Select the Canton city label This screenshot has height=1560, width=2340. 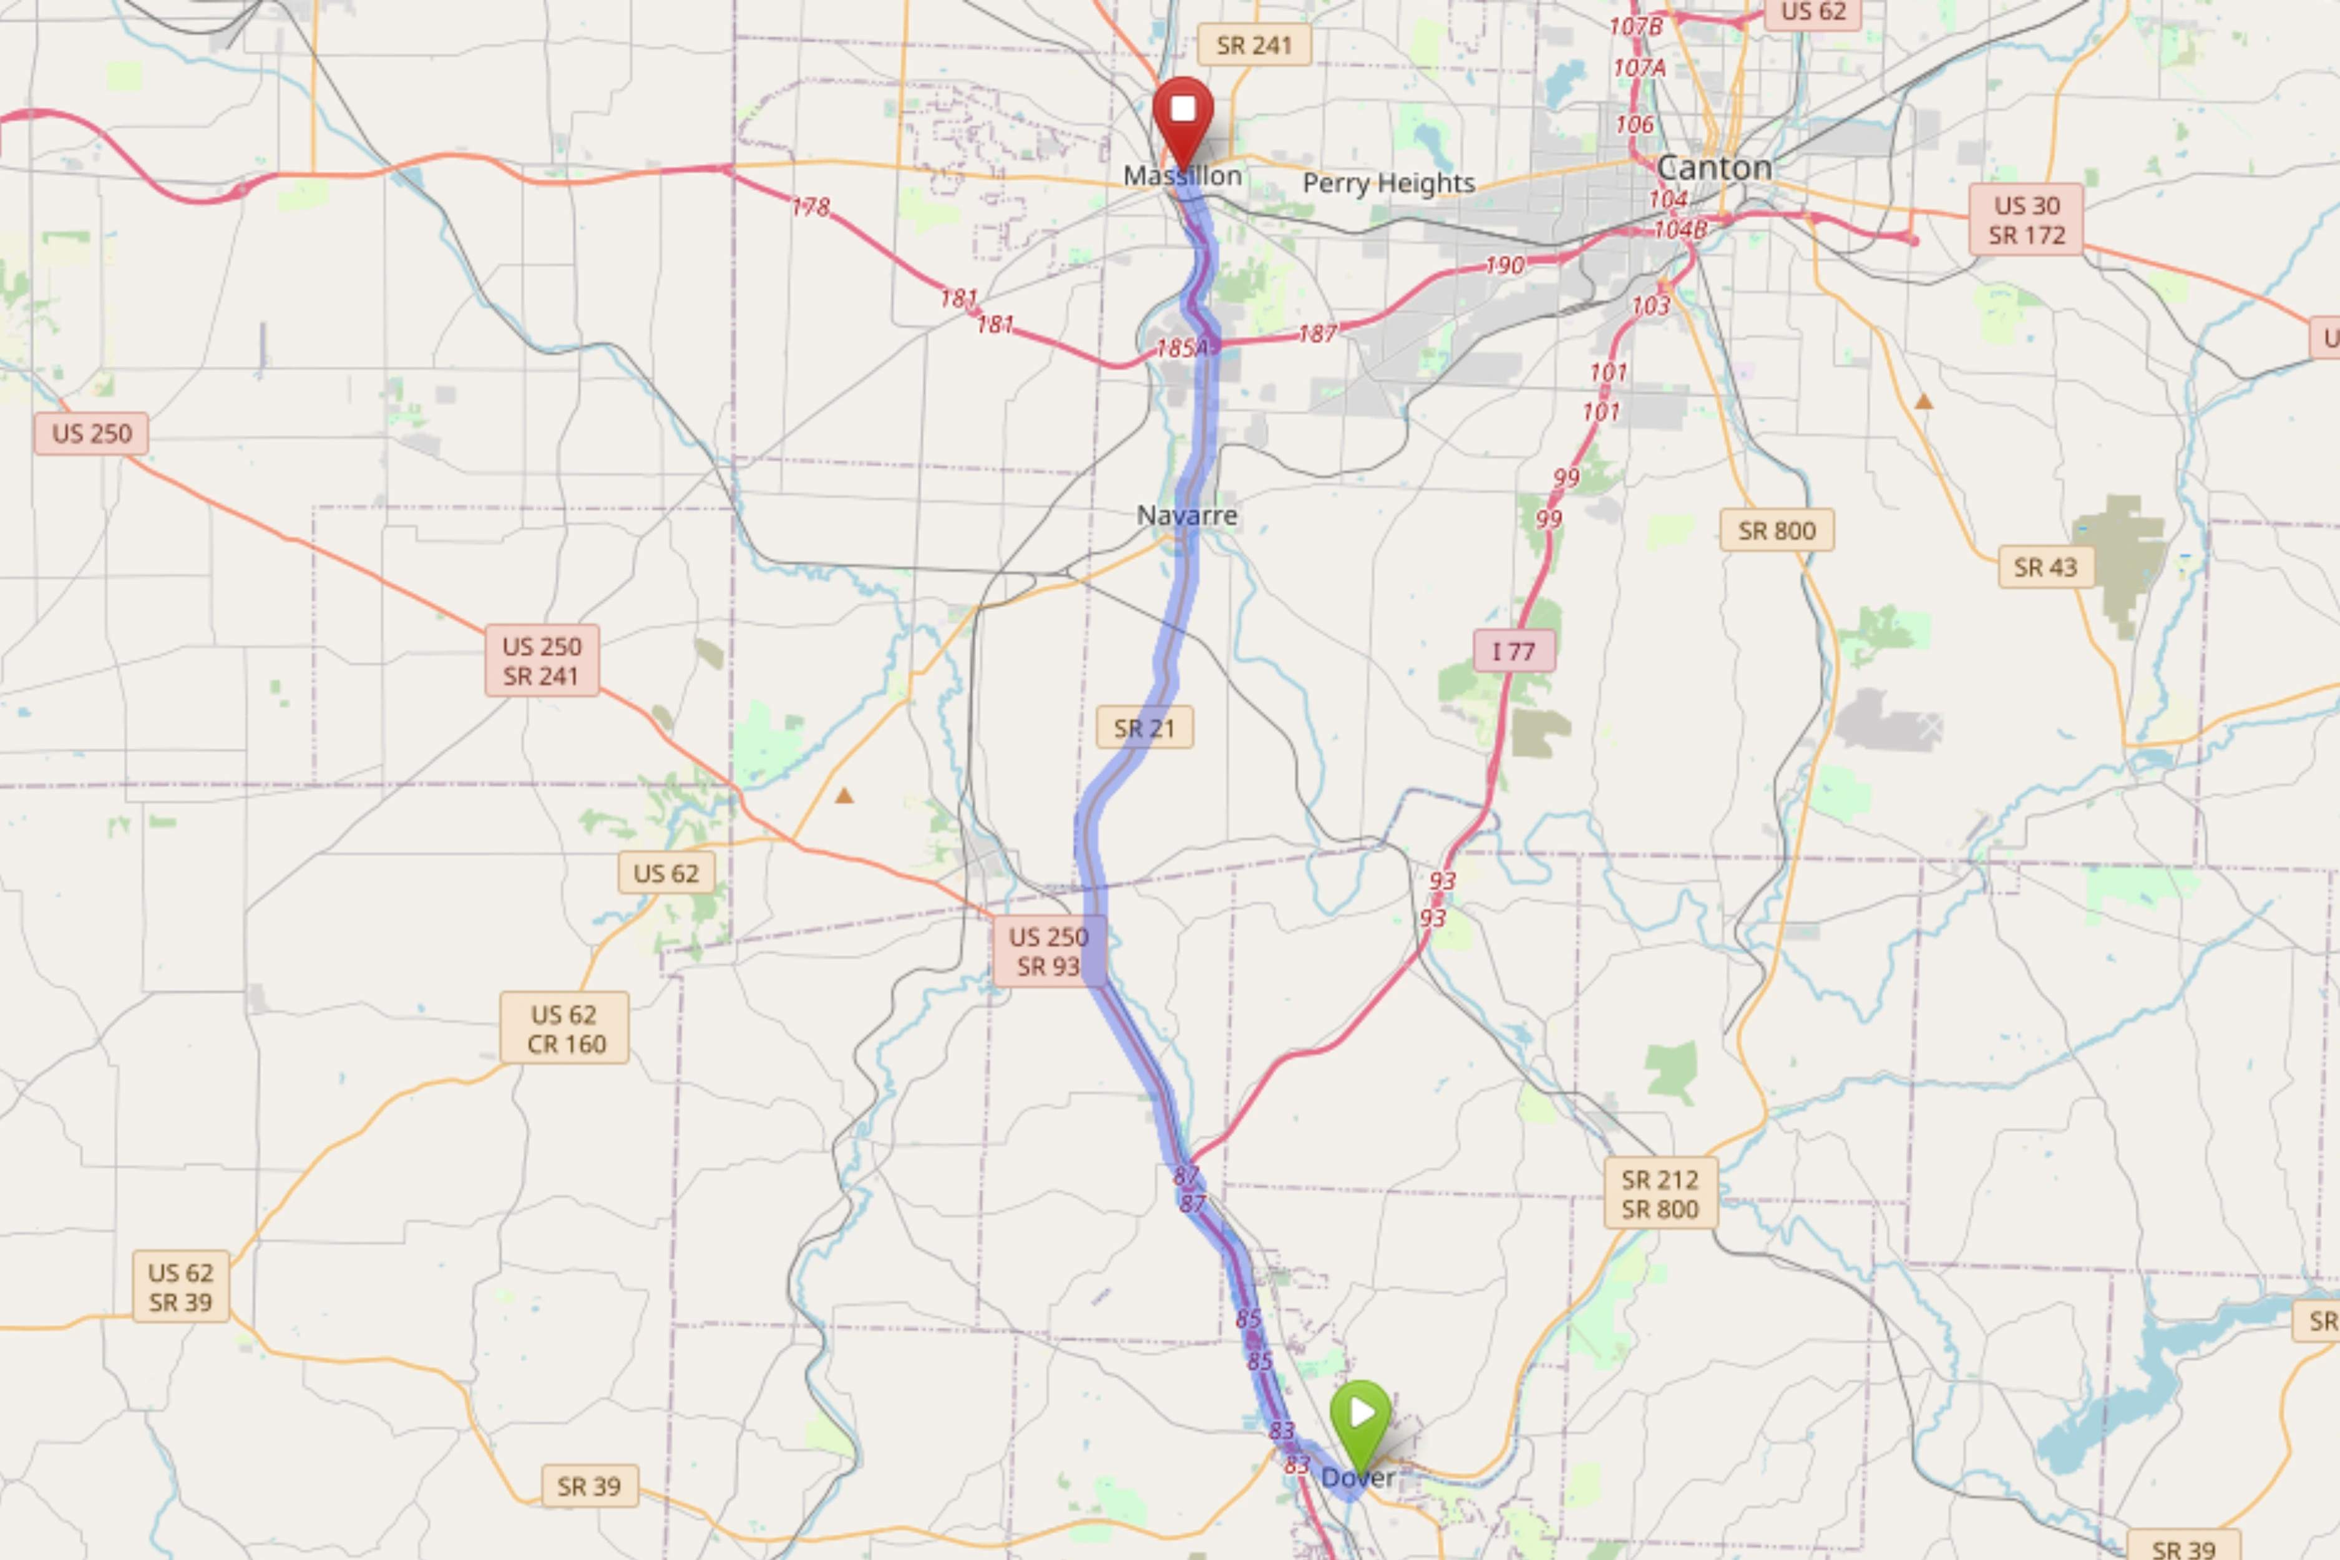tap(1714, 167)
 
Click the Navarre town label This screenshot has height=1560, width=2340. tap(1187, 515)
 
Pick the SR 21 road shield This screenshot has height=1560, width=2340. tap(1144, 728)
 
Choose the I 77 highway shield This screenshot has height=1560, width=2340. tap(1513, 651)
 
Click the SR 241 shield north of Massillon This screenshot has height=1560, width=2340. tap(1254, 46)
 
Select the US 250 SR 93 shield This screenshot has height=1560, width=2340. tap(1048, 951)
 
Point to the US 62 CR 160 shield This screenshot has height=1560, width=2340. tap(564, 1029)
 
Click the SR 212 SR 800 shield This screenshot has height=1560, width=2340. tap(1659, 1194)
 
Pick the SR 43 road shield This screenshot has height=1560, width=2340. tap(2045, 567)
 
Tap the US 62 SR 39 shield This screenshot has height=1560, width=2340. tap(180, 1287)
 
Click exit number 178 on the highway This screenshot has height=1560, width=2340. tap(810, 207)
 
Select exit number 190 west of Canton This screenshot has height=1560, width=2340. tap(1504, 266)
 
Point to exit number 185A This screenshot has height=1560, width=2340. tap(1182, 348)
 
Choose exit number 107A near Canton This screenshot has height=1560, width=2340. tap(1639, 67)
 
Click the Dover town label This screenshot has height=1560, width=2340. tap(1357, 1478)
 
